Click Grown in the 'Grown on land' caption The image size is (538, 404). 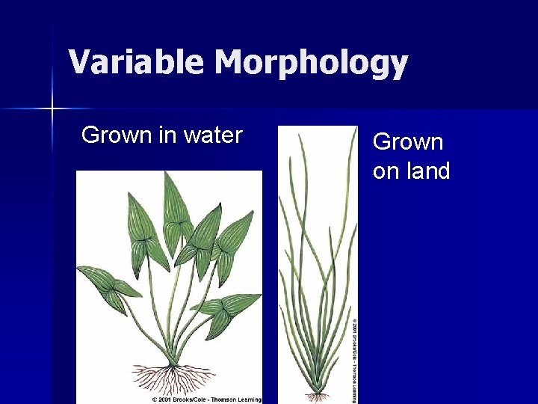pos(408,141)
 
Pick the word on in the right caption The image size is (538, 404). pos(386,171)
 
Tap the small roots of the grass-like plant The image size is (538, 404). pos(317,394)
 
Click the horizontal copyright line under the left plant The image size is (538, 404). pos(206,400)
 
